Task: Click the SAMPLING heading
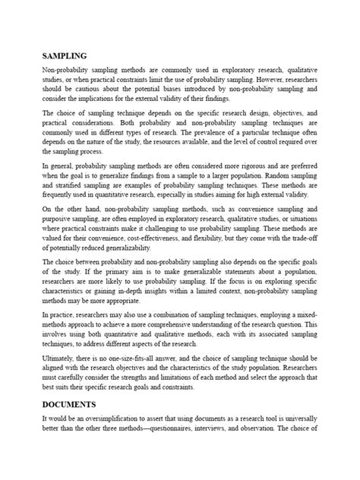[65, 56]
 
